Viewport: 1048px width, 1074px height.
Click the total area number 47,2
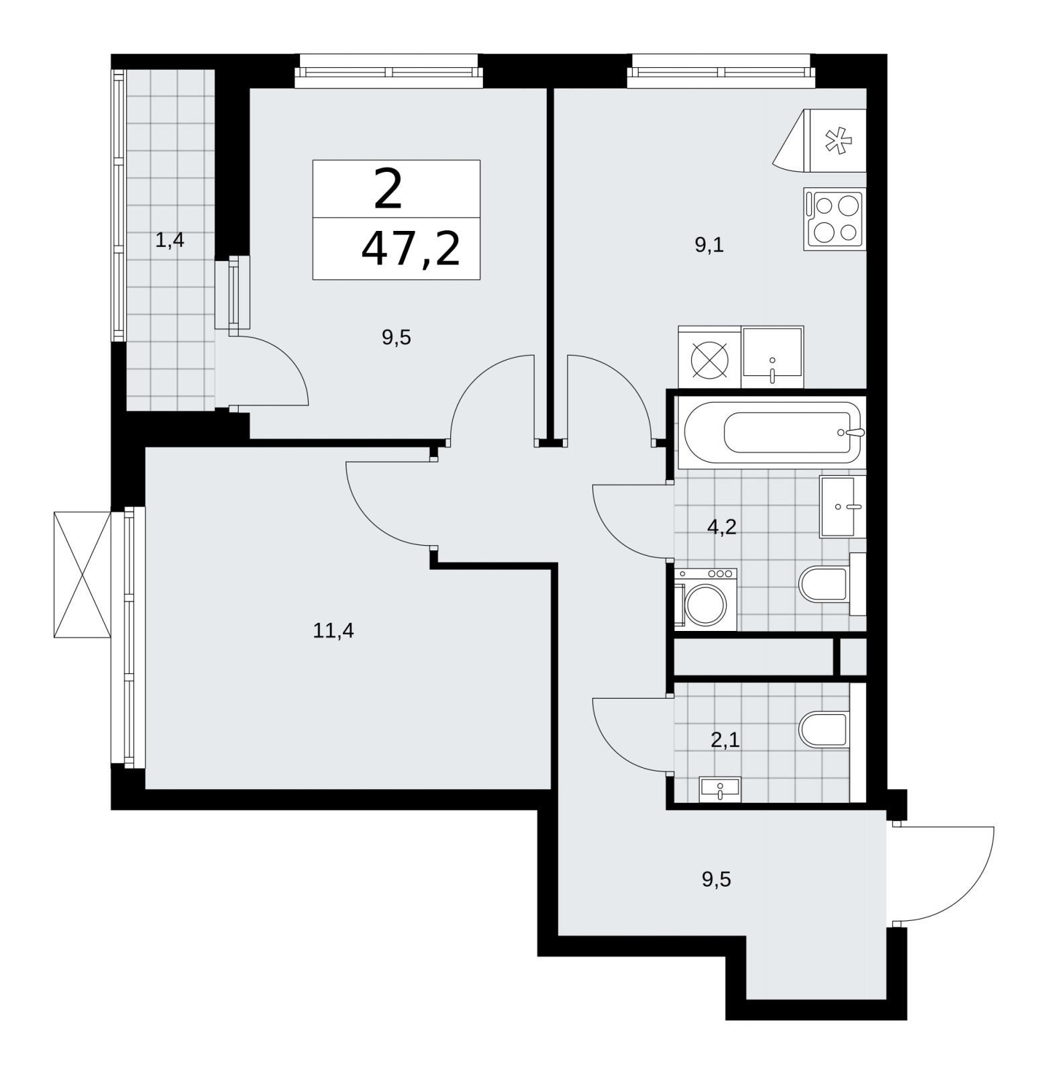coord(411,248)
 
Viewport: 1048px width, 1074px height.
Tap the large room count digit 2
coord(388,189)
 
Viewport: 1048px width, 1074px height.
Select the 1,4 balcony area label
coord(170,240)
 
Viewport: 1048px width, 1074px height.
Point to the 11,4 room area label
coord(333,631)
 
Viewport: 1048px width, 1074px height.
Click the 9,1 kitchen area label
coord(709,246)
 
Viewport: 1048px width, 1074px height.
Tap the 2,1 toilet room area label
coord(725,740)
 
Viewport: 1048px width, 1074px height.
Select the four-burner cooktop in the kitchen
coord(835,219)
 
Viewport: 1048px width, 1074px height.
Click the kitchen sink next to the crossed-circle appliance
coord(772,357)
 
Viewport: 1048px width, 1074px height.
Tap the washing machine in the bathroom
coord(705,599)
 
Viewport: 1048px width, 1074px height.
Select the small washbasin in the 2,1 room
coord(719,789)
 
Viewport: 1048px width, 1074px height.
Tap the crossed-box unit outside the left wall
coord(82,575)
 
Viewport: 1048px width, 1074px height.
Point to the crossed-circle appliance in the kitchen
coord(710,357)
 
